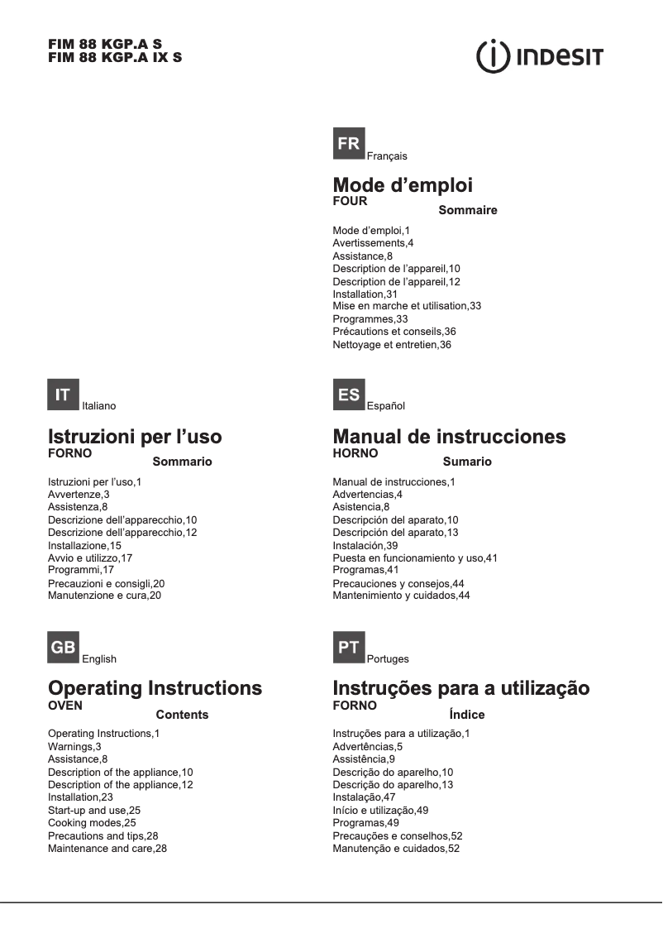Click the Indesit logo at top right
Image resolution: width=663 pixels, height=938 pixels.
[x=540, y=57]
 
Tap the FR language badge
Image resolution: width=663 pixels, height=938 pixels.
[x=349, y=144]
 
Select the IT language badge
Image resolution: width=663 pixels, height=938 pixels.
[x=63, y=395]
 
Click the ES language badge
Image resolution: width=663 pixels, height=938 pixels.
[x=349, y=395]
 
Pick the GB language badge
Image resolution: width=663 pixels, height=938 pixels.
[x=63, y=648]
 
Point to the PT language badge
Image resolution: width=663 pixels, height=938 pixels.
[x=349, y=648]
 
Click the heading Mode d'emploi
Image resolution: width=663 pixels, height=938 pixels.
[x=403, y=185]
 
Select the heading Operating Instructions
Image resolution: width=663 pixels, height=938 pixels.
[x=155, y=688]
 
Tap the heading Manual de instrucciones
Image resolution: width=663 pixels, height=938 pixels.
[x=449, y=437]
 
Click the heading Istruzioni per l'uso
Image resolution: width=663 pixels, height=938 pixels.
[x=135, y=437]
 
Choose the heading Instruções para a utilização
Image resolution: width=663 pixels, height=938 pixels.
[x=461, y=688]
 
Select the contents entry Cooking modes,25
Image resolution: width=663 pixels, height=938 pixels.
[x=92, y=823]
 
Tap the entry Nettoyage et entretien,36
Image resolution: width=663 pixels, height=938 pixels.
[x=392, y=344]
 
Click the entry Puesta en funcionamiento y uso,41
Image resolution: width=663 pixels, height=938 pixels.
[x=415, y=558]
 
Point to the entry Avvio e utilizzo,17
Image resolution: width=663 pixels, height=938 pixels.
[x=90, y=558]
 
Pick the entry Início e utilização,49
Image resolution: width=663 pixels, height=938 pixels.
[x=380, y=810]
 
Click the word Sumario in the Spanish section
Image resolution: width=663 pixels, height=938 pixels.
[x=467, y=462]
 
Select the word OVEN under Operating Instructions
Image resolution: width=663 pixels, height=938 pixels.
[x=65, y=706]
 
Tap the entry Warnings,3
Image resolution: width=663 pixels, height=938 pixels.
[x=74, y=746]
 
